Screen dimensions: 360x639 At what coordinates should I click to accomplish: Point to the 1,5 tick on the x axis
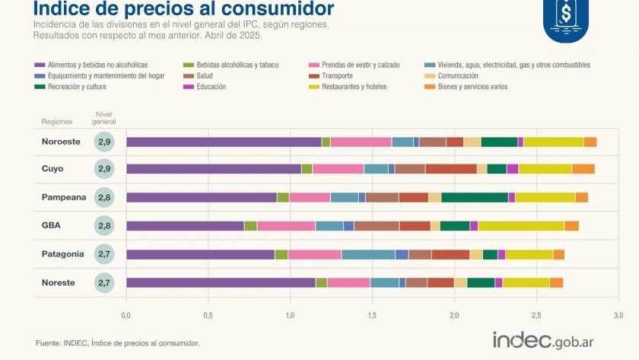click(x=372, y=314)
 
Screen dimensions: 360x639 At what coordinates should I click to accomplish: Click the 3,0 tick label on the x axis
click(x=618, y=314)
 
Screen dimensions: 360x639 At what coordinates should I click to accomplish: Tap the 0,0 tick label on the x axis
click(x=126, y=314)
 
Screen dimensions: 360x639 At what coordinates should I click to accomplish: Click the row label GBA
click(x=51, y=225)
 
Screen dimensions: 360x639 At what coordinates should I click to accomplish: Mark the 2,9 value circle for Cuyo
click(x=104, y=169)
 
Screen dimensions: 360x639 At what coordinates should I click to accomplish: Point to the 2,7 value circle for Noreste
click(x=104, y=282)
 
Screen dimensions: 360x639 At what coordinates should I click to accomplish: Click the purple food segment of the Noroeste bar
click(x=224, y=142)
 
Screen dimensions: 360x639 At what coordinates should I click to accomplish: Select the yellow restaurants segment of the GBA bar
click(x=521, y=225)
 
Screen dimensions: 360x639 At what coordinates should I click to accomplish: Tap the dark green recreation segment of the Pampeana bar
click(x=475, y=197)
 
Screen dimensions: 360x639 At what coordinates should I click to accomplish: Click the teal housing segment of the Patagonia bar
click(x=368, y=254)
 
